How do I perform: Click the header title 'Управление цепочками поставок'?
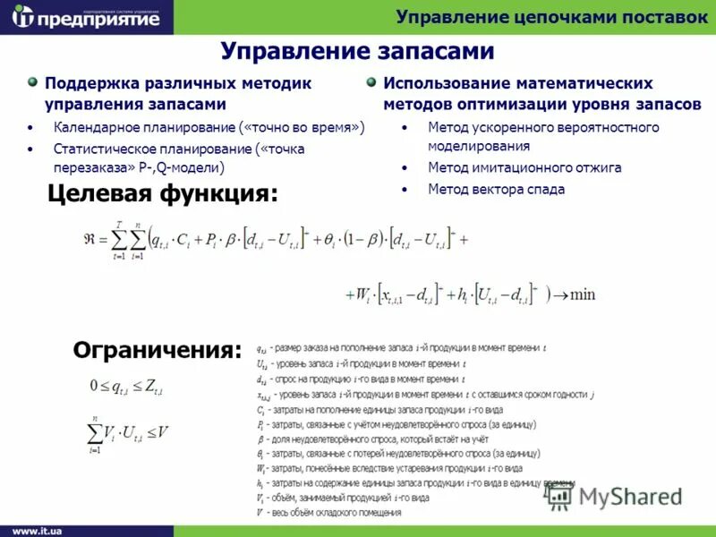coord(551,17)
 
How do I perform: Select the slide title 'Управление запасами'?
coord(357,51)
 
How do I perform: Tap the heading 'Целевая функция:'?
coord(162,192)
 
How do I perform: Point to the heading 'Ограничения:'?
coord(158,349)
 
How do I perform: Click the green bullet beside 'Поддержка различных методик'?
coord(33,82)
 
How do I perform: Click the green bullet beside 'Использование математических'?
coord(371,82)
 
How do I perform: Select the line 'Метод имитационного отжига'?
coord(524,167)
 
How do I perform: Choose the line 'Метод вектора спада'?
coord(496,189)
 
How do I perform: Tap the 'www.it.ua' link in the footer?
coord(37,530)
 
